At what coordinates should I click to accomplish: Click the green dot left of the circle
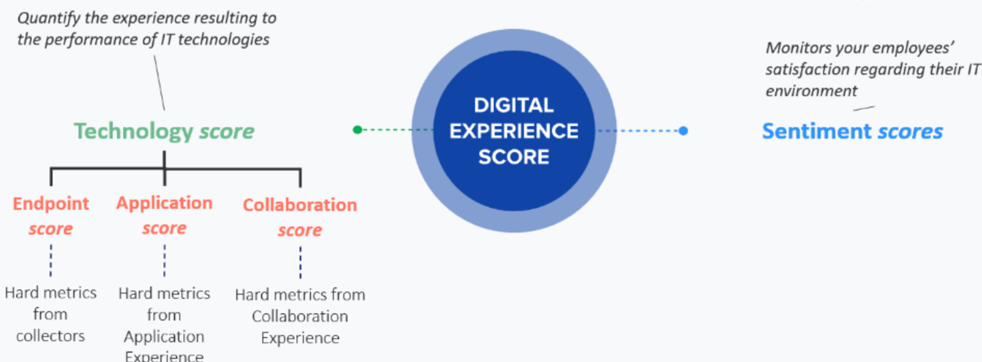pos(357,130)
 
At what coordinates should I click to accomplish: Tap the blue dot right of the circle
pos(684,131)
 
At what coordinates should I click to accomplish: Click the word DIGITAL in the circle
pos(514,105)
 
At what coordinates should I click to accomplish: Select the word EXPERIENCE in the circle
pos(514,131)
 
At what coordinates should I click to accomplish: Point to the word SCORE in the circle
pos(514,157)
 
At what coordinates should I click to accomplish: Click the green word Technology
pos(133,132)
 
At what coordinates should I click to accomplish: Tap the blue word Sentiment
pos(817,131)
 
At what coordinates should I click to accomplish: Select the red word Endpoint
pos(51,204)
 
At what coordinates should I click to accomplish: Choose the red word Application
pos(165,203)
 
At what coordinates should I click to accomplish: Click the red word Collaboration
pos(300,205)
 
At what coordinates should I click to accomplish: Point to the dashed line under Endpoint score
pos(51,260)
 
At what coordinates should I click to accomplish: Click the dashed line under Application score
pos(165,260)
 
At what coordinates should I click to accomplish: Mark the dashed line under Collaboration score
pos(300,262)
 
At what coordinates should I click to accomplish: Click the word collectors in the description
pos(50,336)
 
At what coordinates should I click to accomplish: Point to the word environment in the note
pos(811,91)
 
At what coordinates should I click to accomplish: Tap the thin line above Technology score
pos(159,83)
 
